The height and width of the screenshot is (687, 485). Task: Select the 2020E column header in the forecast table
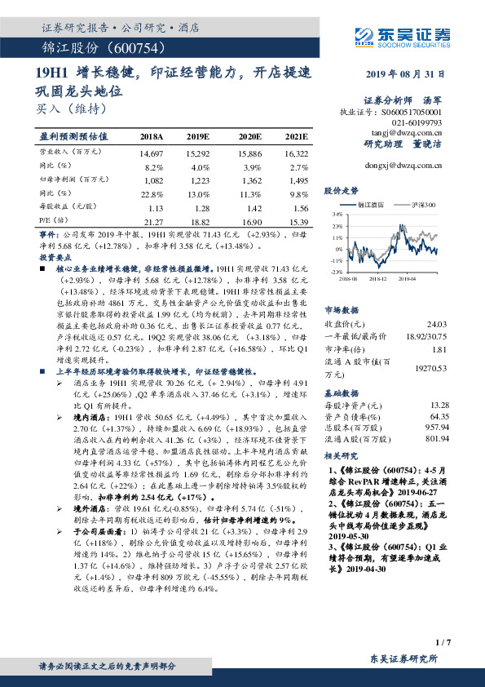(249, 137)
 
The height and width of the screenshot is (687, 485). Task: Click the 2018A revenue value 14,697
(152, 153)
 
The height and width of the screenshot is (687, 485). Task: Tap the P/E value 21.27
(152, 221)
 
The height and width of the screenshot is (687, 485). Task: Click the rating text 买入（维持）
(71, 107)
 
